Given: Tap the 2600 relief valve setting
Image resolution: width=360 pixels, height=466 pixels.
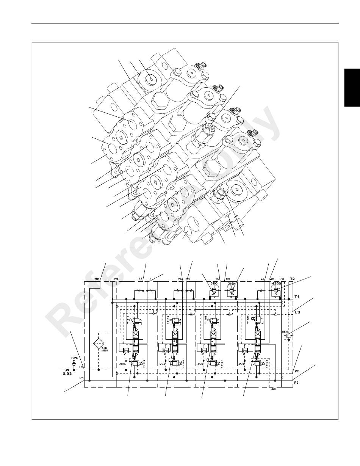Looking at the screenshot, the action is [x=214, y=283].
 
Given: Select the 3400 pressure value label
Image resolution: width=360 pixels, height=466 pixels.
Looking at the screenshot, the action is [x=231, y=283].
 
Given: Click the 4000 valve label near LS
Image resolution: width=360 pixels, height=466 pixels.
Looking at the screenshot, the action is [x=285, y=331].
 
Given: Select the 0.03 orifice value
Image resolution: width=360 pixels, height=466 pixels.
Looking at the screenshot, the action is [x=67, y=374].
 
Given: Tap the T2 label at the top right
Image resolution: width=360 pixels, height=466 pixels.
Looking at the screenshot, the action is [x=292, y=278].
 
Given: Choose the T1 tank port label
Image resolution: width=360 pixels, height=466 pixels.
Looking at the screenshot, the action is [x=297, y=296].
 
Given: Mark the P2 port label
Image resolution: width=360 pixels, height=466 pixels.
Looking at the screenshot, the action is [x=297, y=383].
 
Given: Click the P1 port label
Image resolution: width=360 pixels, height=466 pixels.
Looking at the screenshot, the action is [x=81, y=378].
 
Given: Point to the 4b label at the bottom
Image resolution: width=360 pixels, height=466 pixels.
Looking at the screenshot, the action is [x=274, y=389].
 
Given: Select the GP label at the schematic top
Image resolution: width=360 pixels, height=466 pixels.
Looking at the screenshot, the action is [x=97, y=279].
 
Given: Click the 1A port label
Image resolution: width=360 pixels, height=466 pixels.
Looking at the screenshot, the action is [x=141, y=279].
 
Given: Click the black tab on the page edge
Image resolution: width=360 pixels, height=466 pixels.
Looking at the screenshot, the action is [x=352, y=88].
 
